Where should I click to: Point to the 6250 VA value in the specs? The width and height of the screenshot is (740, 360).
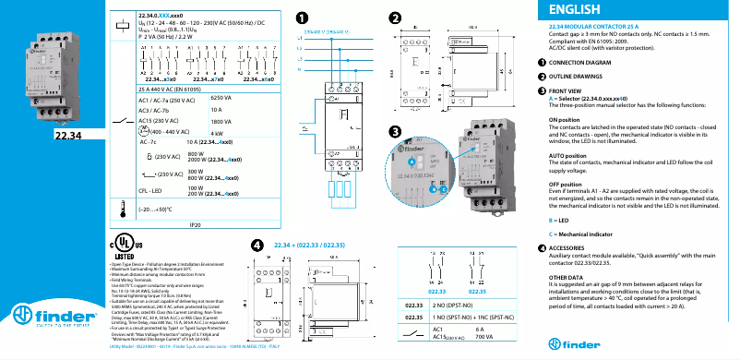(x=221, y=97)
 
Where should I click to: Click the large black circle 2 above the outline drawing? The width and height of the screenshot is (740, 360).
(x=395, y=18)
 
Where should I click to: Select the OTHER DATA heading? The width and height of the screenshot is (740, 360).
(x=565, y=277)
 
